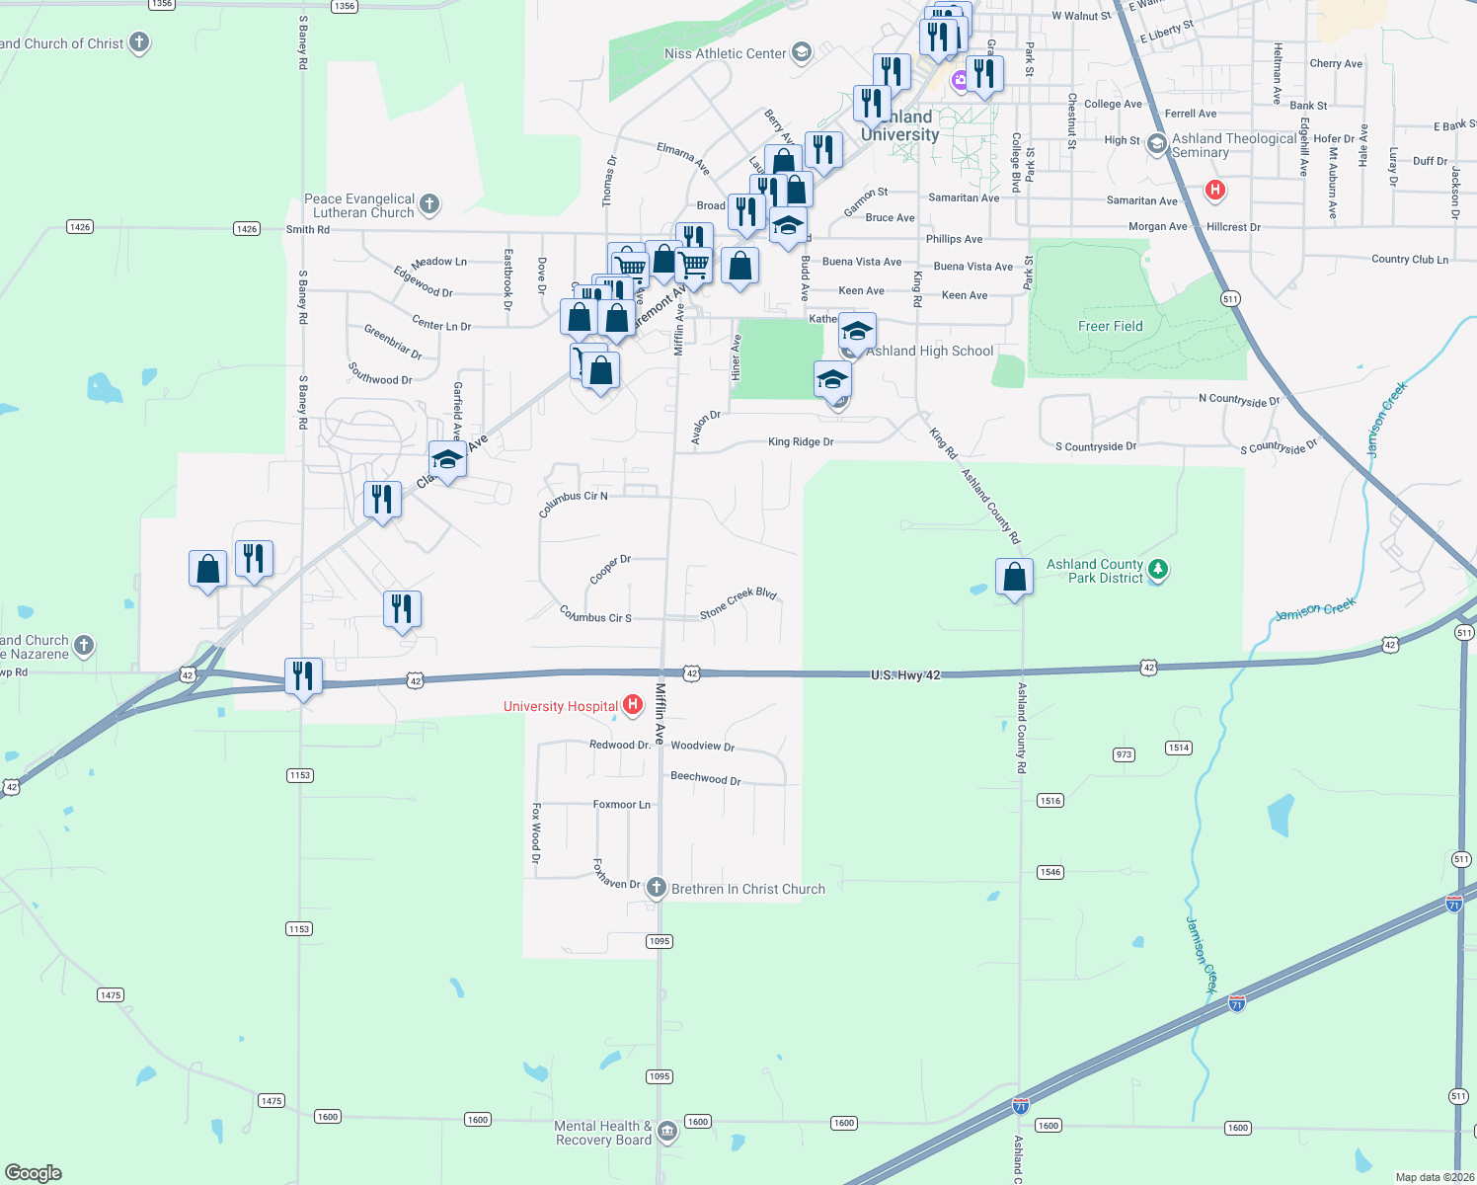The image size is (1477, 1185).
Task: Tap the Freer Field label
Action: [1110, 326]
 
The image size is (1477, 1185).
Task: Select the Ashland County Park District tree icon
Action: [1158, 570]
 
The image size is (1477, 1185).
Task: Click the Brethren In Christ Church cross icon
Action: [657, 888]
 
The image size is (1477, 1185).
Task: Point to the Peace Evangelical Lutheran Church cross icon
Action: [428, 204]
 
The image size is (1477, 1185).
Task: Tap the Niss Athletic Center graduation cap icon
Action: [802, 52]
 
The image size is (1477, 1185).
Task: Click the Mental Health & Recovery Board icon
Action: [667, 1131]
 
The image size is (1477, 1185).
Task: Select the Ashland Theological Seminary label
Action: [1234, 145]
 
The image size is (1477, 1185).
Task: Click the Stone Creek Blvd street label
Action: [738, 603]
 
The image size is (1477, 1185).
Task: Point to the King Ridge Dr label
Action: [801, 441]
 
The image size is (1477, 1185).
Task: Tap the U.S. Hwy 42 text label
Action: [905, 675]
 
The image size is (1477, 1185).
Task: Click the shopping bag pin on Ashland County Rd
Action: [1015, 577]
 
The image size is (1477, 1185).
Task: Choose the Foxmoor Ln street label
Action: [621, 805]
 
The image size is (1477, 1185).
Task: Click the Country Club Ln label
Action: [1410, 260]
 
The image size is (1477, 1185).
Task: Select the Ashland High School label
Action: [930, 351]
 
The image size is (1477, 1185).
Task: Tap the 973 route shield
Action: [1124, 754]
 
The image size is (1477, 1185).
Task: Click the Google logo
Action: [34, 1172]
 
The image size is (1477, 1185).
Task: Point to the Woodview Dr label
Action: [703, 746]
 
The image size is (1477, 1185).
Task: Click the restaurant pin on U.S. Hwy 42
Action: [303, 676]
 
